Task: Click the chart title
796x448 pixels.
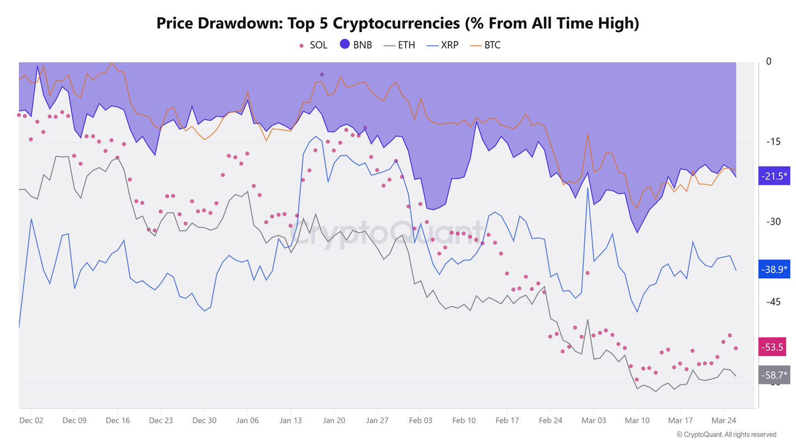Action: (398, 23)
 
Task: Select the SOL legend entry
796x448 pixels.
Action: (313, 45)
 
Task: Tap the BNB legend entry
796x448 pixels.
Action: (356, 45)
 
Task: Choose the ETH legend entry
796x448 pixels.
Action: (400, 45)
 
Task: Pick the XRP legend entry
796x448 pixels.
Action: (443, 45)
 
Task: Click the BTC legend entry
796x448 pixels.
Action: (486, 45)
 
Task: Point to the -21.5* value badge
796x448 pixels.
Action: (775, 176)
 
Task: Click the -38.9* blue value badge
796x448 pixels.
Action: (775, 269)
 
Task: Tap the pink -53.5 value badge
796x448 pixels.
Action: (775, 347)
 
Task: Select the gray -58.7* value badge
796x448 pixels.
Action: (775, 376)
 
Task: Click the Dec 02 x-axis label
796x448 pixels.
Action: (31, 420)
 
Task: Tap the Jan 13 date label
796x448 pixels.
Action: (291, 420)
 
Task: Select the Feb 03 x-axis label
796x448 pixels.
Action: (421, 420)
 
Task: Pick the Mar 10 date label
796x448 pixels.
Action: (637, 420)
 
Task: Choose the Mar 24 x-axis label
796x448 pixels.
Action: (724, 420)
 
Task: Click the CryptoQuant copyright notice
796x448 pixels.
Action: (726, 435)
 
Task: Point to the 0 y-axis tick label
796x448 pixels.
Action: (768, 61)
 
